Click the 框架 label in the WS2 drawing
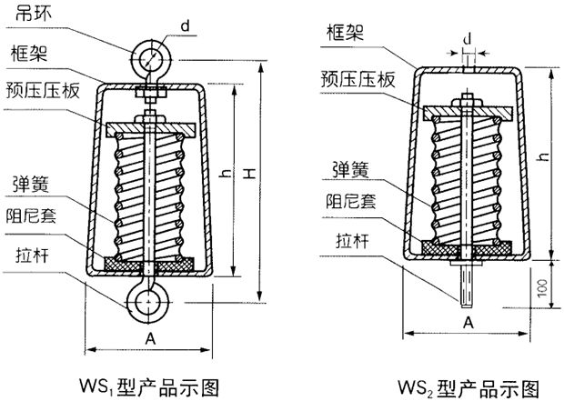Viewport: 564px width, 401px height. (343, 33)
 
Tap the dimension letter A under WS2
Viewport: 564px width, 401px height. (468, 323)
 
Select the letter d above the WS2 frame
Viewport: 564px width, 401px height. (468, 39)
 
